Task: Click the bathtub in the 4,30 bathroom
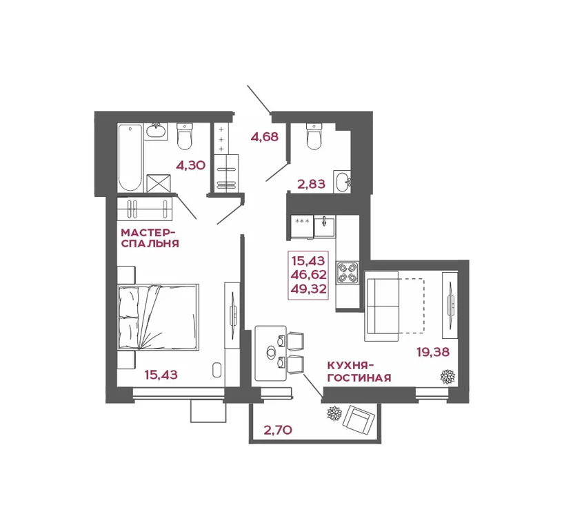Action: [x=130, y=156]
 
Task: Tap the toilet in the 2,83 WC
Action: [x=314, y=137]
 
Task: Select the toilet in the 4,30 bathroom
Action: [x=185, y=136]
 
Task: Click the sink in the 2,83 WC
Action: [x=342, y=181]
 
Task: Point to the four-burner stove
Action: [x=347, y=273]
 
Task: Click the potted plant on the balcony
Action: [x=334, y=414]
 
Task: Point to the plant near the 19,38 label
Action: [x=447, y=376]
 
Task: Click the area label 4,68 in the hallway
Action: [x=264, y=136]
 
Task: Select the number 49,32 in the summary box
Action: [x=309, y=288]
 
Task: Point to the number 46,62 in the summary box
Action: [x=309, y=274]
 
